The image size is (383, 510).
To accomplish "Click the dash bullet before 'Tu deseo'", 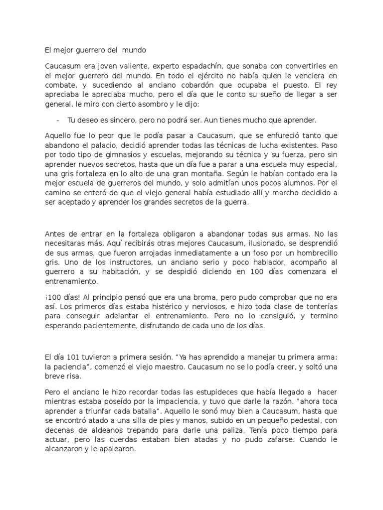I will coord(59,121).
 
